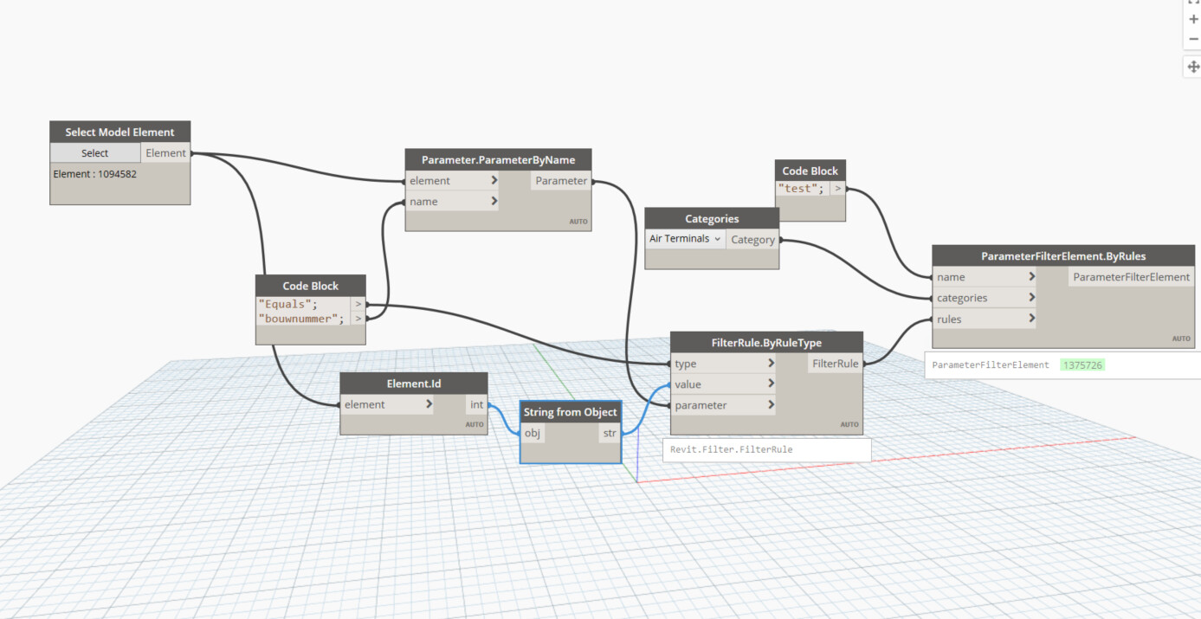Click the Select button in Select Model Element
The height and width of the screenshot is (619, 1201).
point(95,153)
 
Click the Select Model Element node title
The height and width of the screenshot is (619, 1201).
point(119,132)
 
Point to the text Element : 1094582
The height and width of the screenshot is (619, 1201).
point(95,174)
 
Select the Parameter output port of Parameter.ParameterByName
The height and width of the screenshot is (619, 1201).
point(561,181)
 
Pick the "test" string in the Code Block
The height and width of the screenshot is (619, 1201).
point(800,188)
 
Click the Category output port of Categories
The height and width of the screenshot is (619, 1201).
point(752,240)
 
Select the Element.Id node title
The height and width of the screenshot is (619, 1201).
point(414,383)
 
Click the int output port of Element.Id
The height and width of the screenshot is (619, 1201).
point(476,404)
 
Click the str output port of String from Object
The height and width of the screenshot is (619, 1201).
point(610,433)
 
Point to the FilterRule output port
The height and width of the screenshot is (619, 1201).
point(835,364)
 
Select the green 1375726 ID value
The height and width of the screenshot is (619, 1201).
point(1082,365)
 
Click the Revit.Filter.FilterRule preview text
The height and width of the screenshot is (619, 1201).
point(731,450)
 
